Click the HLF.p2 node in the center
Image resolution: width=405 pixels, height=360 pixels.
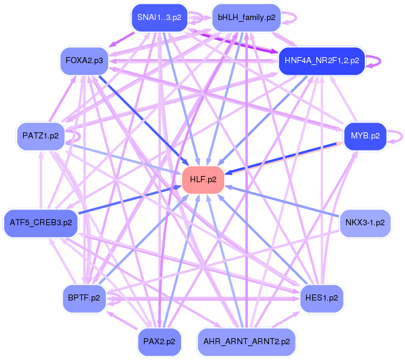click(x=203, y=179)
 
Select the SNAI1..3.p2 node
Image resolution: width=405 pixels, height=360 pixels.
click(x=159, y=18)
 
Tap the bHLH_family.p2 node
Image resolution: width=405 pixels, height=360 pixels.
click(x=246, y=18)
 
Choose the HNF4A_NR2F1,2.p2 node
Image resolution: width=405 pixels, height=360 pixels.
click(x=321, y=61)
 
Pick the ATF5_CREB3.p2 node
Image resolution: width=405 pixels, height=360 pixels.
click(x=41, y=222)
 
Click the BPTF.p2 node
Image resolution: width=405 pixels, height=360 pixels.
click(x=84, y=298)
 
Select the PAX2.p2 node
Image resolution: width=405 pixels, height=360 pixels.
click(x=159, y=341)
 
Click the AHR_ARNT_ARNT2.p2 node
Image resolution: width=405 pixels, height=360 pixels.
click(x=247, y=341)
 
